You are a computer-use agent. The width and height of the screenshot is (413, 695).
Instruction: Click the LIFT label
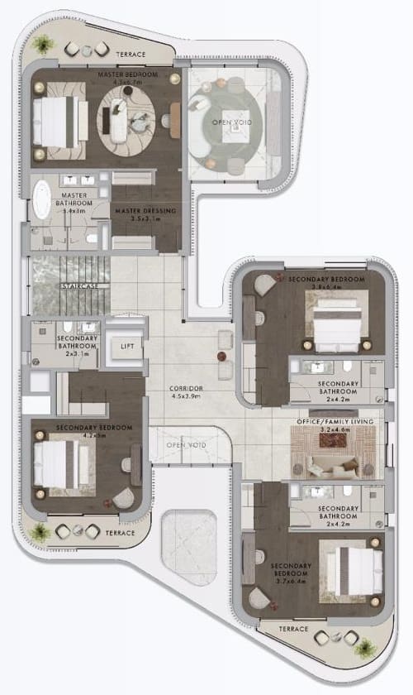[126, 346]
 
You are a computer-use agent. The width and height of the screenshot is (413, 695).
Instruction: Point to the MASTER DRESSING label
[145, 211]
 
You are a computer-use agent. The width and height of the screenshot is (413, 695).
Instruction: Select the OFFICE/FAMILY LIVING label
[336, 422]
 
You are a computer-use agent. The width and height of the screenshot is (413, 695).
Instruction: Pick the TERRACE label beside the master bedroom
[131, 55]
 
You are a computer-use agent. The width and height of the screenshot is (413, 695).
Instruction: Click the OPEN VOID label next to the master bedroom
[228, 122]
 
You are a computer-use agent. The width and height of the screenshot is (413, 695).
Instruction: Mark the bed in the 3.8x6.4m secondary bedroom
[335, 319]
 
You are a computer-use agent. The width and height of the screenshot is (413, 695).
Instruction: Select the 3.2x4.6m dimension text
[336, 430]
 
